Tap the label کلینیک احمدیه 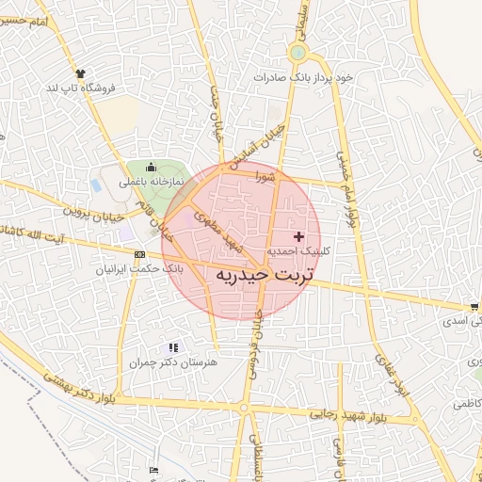[299, 251]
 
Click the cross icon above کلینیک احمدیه [300, 235]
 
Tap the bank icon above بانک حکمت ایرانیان [140, 254]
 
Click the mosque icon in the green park [151, 167]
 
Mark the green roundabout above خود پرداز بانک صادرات [298, 53]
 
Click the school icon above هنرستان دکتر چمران [172, 347]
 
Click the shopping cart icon [474, 306]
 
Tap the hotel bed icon [154, 470]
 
